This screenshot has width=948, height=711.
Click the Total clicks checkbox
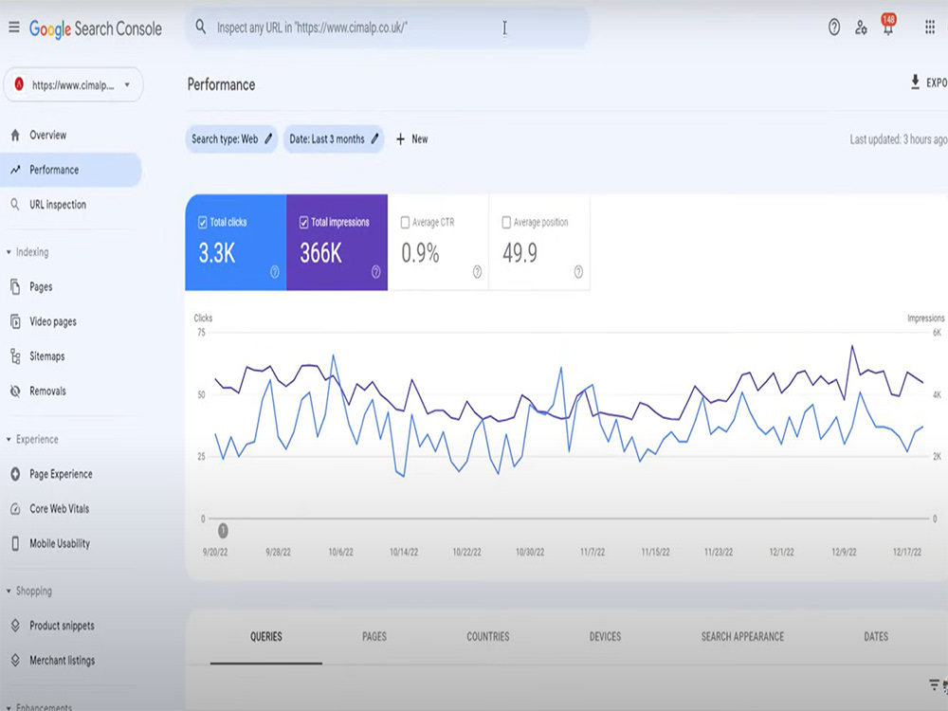(203, 223)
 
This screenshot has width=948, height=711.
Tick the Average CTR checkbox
(405, 223)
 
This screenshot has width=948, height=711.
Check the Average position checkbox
(506, 223)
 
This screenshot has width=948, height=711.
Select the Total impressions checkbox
(303, 223)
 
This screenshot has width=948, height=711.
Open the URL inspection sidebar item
(58, 205)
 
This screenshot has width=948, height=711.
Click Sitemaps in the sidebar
(46, 356)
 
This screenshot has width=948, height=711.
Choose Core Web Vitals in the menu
(59, 508)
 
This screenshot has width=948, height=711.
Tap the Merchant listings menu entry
(62, 660)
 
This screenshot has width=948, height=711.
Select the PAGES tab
(374, 637)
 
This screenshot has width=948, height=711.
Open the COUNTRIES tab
(488, 637)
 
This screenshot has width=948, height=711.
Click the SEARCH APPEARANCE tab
(742, 637)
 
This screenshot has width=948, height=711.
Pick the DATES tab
(876, 637)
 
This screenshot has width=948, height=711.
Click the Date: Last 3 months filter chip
(334, 139)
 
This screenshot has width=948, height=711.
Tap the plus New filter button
(411, 139)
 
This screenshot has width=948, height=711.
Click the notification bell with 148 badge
(888, 26)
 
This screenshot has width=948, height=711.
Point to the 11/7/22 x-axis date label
(592, 552)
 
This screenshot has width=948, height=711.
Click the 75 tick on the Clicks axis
(201, 332)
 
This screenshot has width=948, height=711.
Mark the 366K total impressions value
(321, 253)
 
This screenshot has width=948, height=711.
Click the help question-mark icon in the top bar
(834, 27)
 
